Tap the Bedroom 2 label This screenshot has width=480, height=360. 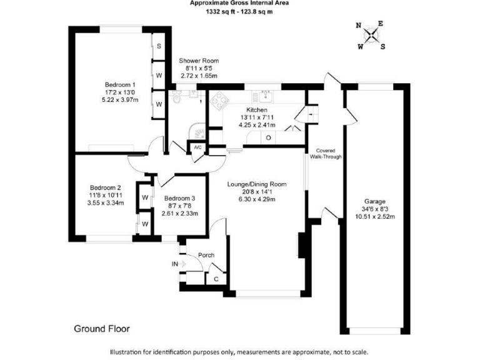tap(105, 187)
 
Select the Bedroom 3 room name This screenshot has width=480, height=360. tap(179, 198)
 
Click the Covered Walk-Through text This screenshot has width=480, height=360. tap(327, 154)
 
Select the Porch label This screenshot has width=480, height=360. tap(206, 255)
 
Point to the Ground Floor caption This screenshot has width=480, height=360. tap(102, 328)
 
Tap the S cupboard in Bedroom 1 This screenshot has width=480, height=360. tap(159, 46)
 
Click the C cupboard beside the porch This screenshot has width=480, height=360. tap(216, 279)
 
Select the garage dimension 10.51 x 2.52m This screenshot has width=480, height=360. tap(376, 217)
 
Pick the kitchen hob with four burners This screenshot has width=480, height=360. tap(220, 100)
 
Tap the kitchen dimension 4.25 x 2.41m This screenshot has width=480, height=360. tap(257, 124)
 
